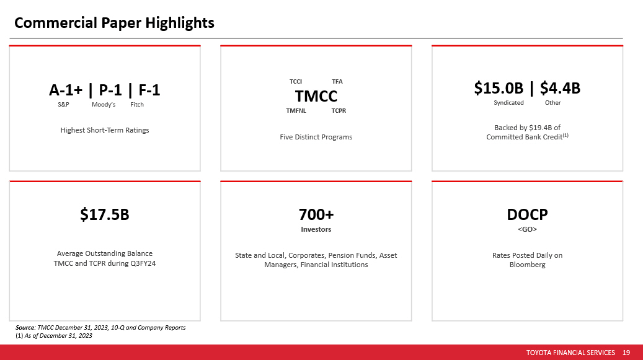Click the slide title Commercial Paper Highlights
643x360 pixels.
pyautogui.click(x=114, y=23)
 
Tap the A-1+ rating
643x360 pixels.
pyautogui.click(x=66, y=90)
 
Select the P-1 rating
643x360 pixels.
pyautogui.click(x=110, y=90)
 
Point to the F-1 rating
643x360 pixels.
pyautogui.click(x=149, y=90)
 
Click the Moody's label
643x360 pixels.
pyautogui.click(x=104, y=105)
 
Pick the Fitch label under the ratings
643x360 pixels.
pyautogui.click(x=137, y=105)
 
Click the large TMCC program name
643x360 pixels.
pyautogui.click(x=316, y=96)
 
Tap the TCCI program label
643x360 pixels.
pyautogui.click(x=296, y=82)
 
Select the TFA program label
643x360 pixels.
pyautogui.click(x=337, y=82)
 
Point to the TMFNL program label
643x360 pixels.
pyautogui.click(x=296, y=110)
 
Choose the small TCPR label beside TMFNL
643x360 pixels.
pyautogui.click(x=339, y=110)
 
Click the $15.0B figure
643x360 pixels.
pyautogui.click(x=499, y=88)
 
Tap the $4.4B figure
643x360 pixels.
pyautogui.click(x=560, y=88)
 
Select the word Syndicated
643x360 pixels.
pyautogui.click(x=508, y=103)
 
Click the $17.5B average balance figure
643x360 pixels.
pyautogui.click(x=105, y=214)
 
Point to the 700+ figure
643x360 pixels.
pyautogui.click(x=316, y=214)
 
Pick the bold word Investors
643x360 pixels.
pyautogui.click(x=316, y=229)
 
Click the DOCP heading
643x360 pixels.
pyautogui.click(x=527, y=214)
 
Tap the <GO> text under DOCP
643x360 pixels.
pyautogui.click(x=527, y=229)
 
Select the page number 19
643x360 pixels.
pyautogui.click(x=626, y=353)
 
